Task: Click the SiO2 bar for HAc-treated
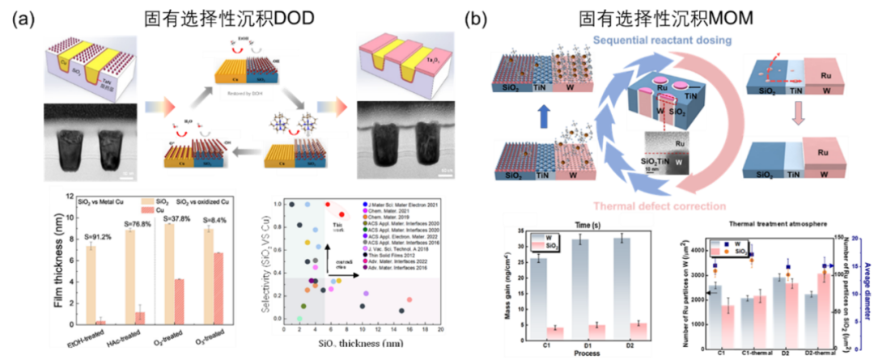pyautogui.click(x=129, y=276)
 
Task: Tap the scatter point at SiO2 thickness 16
pyautogui.click(x=409, y=299)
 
